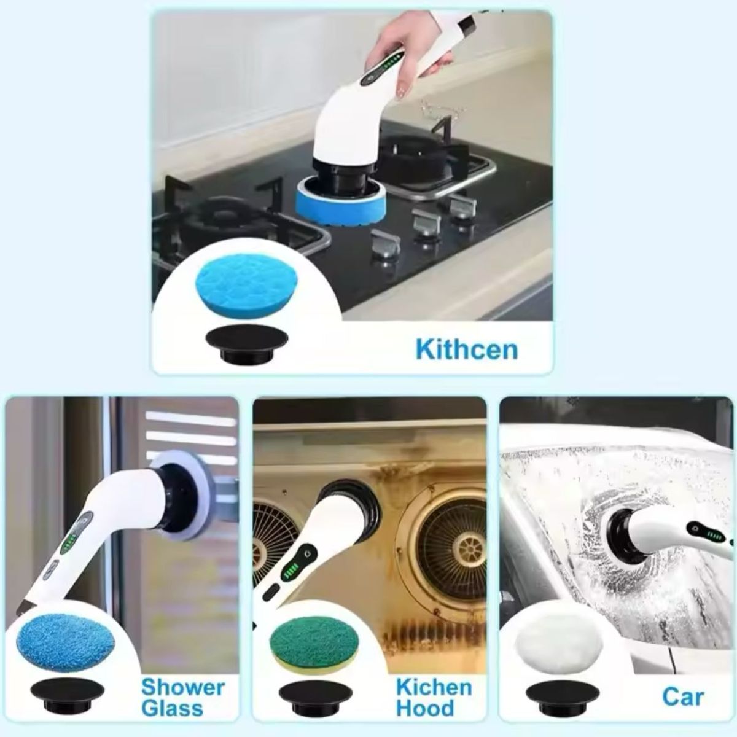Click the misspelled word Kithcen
coord(466,349)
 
